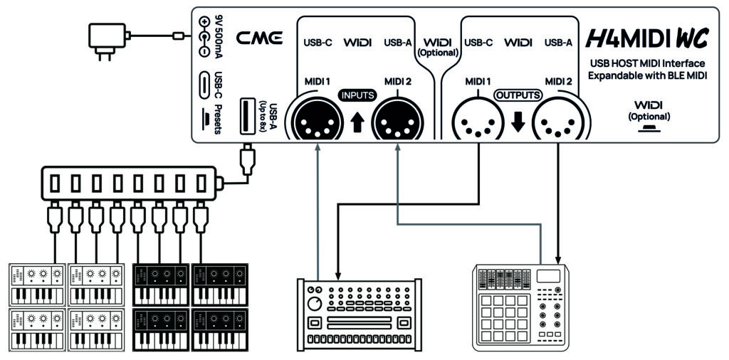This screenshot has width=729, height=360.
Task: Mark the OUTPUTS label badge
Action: pyautogui.click(x=518, y=95)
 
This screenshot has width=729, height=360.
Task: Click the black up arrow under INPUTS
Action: pyautogui.click(x=356, y=122)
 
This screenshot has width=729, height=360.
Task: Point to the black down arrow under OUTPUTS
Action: pyautogui.click(x=518, y=122)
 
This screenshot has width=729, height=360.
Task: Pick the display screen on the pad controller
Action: pyautogui.click(x=548, y=277)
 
